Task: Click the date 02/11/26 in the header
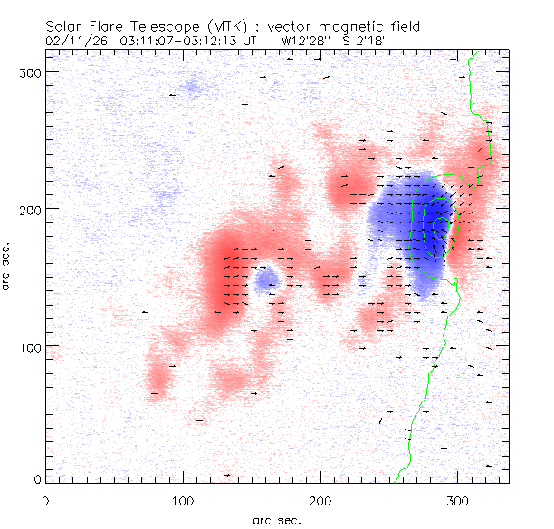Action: [x=73, y=41]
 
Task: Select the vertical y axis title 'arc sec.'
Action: [x=9, y=266]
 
